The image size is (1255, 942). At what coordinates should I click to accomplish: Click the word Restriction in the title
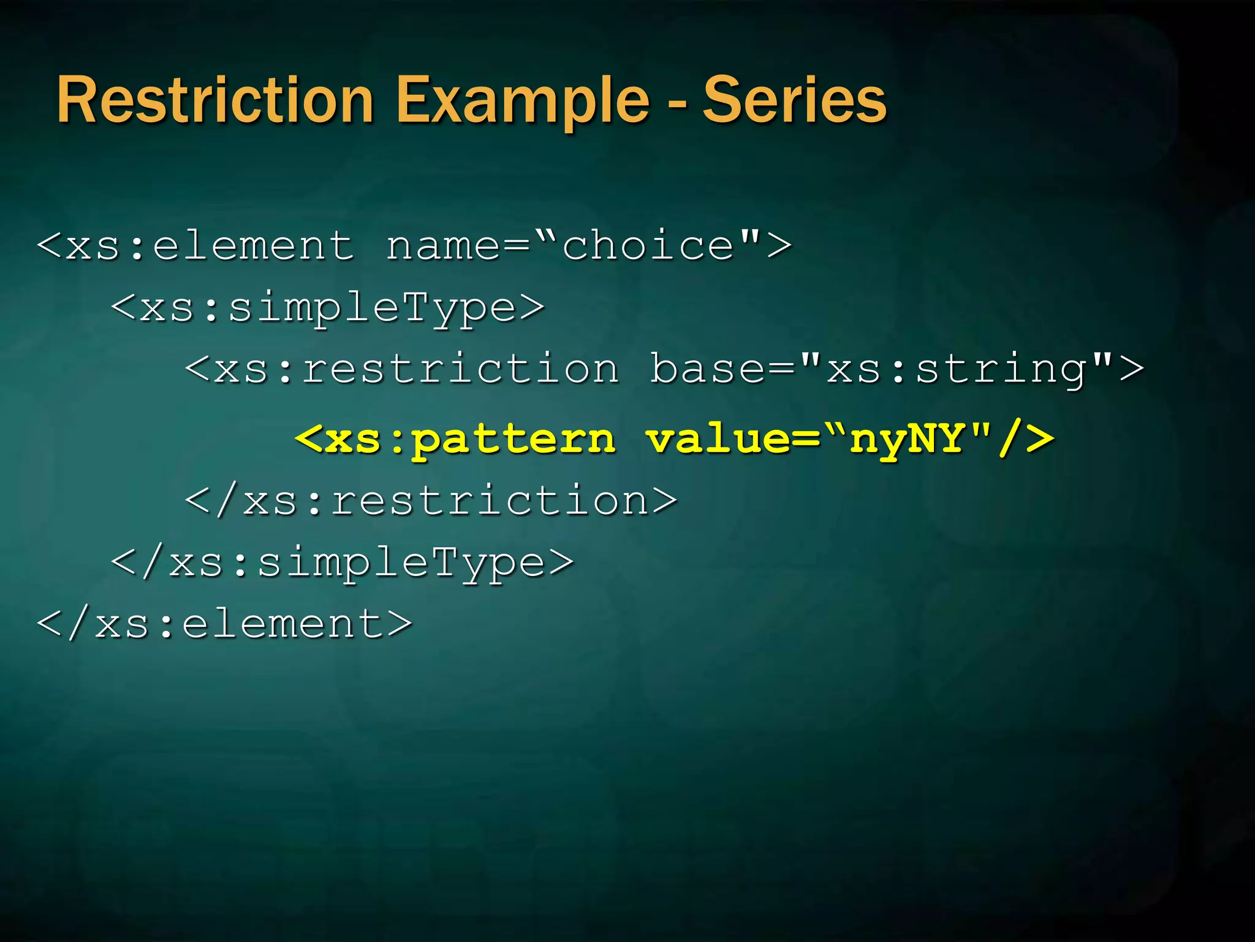215,101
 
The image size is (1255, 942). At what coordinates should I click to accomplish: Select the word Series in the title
794,101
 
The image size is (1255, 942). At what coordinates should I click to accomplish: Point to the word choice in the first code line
648,246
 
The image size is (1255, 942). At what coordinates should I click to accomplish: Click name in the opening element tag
442,246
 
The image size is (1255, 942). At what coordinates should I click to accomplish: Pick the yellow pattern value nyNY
906,439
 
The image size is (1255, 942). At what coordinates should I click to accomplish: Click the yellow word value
719,439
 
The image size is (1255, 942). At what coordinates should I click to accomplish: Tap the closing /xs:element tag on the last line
224,624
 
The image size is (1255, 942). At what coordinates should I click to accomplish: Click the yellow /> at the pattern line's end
1026,439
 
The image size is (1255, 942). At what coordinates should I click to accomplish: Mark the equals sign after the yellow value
805,439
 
